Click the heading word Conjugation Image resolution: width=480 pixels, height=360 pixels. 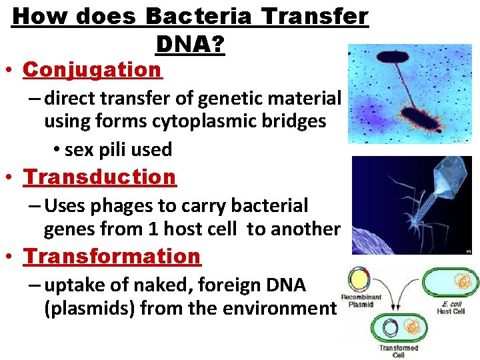pos(92,69)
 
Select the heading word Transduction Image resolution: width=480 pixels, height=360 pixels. pos(100,177)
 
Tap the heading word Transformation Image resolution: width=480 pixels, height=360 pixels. pos(112,256)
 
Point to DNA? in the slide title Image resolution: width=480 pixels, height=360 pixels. pos(190,45)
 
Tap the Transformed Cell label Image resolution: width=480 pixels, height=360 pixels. pos(399,351)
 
